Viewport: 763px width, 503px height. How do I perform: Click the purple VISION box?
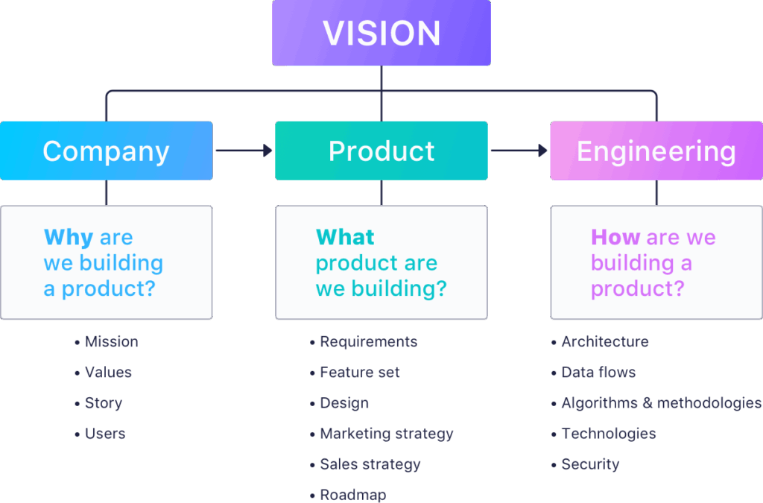coord(381,33)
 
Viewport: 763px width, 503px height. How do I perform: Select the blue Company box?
coord(106,151)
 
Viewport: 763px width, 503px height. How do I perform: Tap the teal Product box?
coord(381,151)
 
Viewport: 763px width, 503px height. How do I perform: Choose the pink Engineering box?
coord(656,151)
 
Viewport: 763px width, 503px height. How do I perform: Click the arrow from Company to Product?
coord(244,151)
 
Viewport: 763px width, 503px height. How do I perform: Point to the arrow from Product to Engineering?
coord(519,151)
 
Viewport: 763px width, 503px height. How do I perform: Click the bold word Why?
coord(68,238)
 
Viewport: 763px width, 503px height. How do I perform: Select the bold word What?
coord(345,237)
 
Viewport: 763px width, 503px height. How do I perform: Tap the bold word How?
coord(615,237)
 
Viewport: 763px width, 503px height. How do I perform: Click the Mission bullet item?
coord(107,341)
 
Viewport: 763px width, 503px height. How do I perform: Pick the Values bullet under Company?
coord(103,372)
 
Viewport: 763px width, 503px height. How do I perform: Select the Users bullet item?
coord(100,434)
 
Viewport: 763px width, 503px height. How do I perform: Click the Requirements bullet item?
coord(364,341)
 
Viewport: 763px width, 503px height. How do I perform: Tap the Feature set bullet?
coord(355,372)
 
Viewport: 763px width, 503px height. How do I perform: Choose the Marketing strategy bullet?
coord(381,434)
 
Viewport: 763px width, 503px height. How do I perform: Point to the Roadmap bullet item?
coord(348,496)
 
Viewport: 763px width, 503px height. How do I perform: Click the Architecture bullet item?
coord(600,341)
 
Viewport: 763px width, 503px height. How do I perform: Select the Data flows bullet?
coord(594,372)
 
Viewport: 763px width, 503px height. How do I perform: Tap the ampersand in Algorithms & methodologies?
coord(648,403)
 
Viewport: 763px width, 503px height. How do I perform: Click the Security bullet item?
coord(586,464)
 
